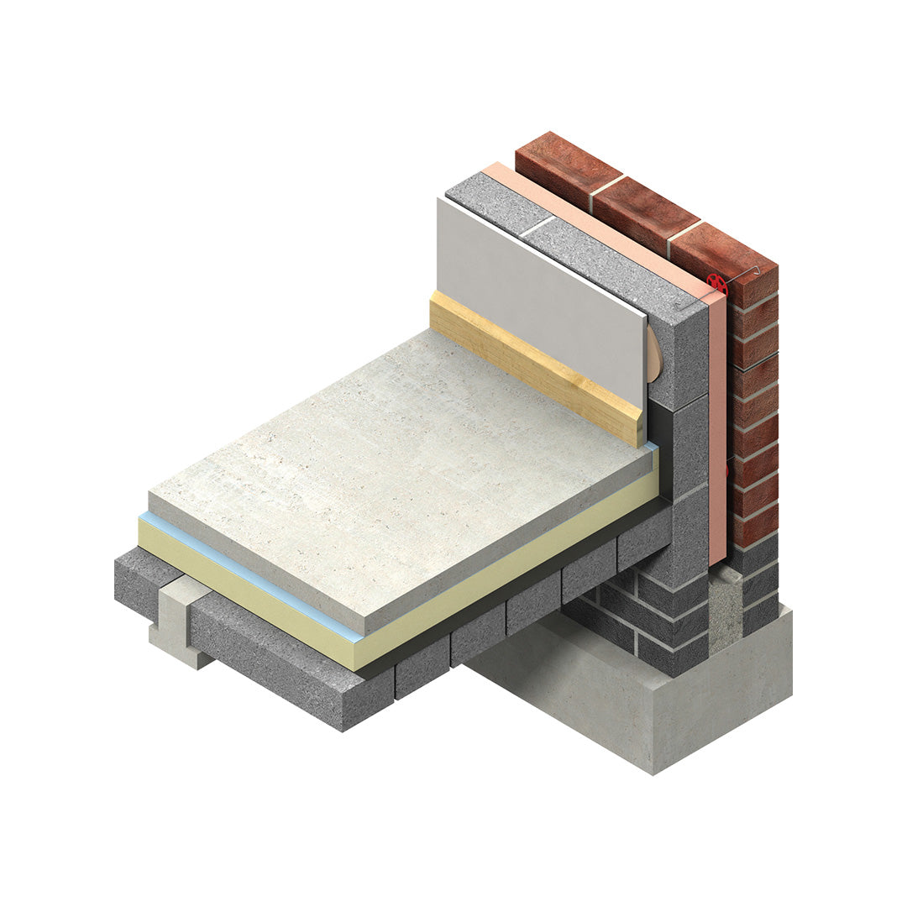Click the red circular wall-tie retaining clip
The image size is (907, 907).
[x=716, y=282]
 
